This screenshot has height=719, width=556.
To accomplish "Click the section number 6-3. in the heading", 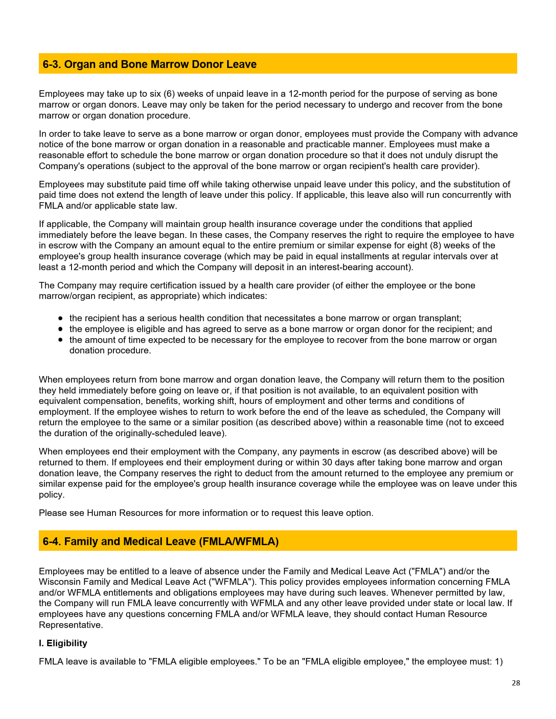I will (x=52, y=64).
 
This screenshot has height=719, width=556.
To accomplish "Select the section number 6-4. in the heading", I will (x=52, y=542).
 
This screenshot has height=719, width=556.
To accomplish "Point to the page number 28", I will (x=516, y=683).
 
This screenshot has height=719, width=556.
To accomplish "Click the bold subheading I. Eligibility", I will (x=63, y=643).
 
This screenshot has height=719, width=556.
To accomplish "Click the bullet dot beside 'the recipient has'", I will (x=60, y=319).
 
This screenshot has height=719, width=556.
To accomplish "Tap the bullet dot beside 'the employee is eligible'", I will (x=60, y=329).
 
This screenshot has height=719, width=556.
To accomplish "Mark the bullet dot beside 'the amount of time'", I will (x=60, y=340).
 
